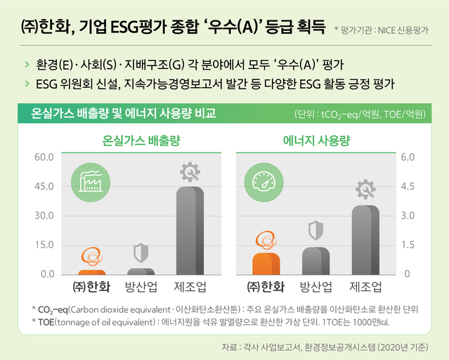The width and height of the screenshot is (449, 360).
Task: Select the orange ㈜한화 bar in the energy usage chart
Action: pyautogui.click(x=266, y=264)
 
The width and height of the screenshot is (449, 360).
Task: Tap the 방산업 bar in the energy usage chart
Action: pyautogui.click(x=315, y=261)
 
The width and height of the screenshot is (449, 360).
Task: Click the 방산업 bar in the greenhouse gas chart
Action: pyautogui.click(x=141, y=271)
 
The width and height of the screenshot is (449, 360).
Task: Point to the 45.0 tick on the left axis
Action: pyautogui.click(x=44, y=186)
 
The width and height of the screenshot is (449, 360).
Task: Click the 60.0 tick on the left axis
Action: pyautogui.click(x=44, y=157)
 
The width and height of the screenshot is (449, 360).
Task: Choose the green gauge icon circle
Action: pyautogui.click(x=266, y=182)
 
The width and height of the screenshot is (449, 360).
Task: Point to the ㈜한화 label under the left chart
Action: pyautogui.click(x=92, y=287)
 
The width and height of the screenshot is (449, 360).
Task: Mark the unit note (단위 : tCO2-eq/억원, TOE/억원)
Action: pyautogui.click(x=360, y=113)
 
